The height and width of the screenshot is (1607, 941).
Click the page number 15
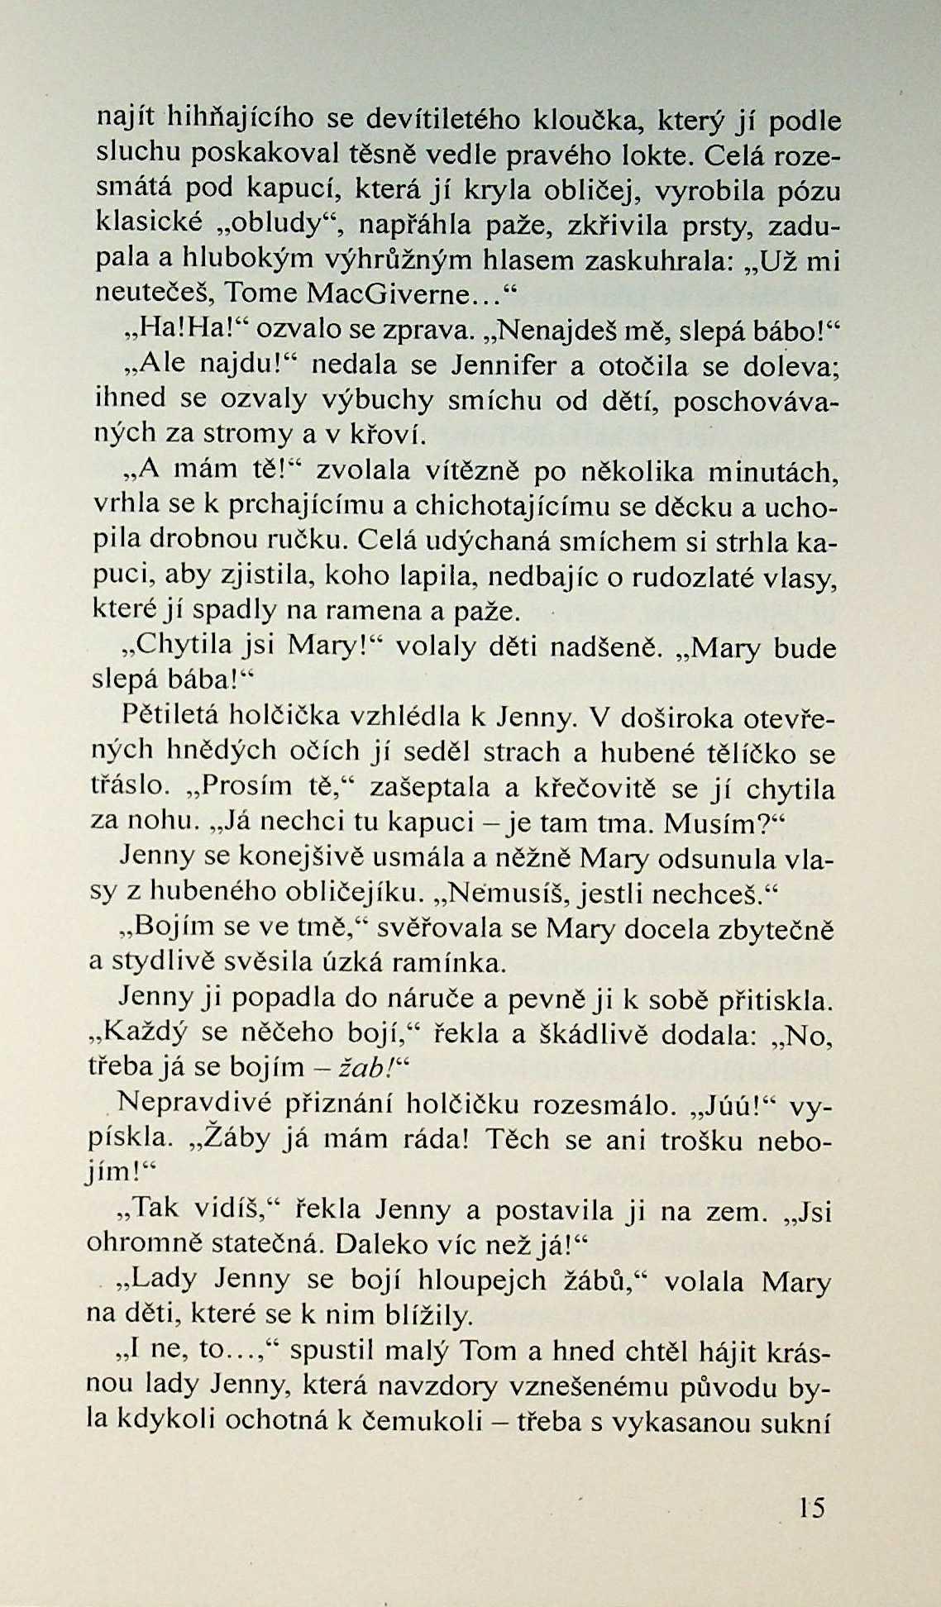812,1508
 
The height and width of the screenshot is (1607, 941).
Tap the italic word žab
365,1067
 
